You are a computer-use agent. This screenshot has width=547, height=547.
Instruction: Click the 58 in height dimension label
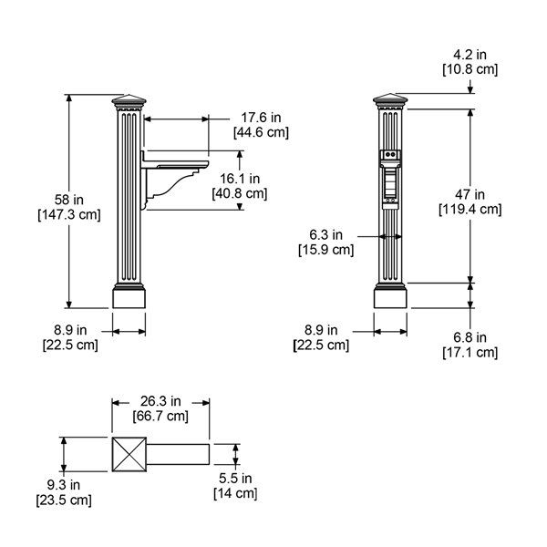(69, 200)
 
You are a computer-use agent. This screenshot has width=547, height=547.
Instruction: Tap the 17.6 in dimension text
(261, 118)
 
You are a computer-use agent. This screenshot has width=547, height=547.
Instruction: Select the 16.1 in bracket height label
(240, 179)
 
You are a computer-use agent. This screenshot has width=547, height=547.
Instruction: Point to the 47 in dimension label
(470, 194)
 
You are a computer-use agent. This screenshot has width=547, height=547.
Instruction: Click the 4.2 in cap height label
(470, 55)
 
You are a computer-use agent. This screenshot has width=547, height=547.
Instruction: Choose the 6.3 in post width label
(325, 235)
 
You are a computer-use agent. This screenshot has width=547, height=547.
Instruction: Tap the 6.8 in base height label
(470, 337)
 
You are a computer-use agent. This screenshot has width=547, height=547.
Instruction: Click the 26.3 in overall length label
(160, 401)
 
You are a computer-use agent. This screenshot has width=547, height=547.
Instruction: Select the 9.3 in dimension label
(64, 485)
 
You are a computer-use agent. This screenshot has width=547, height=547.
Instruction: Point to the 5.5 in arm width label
(235, 479)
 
